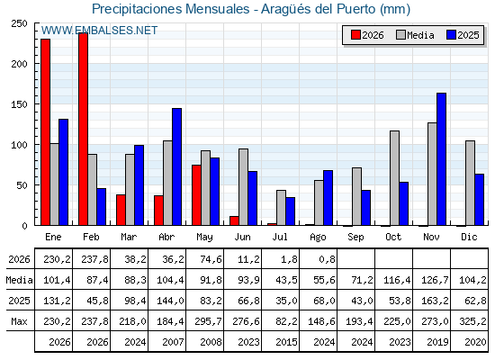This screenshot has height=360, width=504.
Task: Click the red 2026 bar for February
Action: click(x=83, y=129)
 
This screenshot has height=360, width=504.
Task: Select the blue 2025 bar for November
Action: click(x=441, y=159)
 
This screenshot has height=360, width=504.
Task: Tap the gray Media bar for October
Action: click(x=395, y=178)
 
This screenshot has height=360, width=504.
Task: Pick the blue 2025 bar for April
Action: click(x=176, y=166)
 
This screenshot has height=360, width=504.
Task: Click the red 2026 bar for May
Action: click(x=196, y=195)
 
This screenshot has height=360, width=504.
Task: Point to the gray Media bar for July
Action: click(x=281, y=208)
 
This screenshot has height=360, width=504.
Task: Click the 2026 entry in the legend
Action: click(x=367, y=35)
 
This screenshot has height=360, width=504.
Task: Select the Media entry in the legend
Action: click(x=415, y=35)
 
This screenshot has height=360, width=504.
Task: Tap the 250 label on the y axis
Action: click(x=19, y=23)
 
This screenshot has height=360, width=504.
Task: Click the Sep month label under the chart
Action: click(x=355, y=238)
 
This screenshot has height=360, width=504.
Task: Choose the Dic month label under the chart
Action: click(x=469, y=237)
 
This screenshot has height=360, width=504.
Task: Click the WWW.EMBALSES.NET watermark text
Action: click(x=99, y=31)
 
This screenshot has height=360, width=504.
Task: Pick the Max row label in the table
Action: click(x=19, y=321)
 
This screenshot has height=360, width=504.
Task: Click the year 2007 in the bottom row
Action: click(x=173, y=342)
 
